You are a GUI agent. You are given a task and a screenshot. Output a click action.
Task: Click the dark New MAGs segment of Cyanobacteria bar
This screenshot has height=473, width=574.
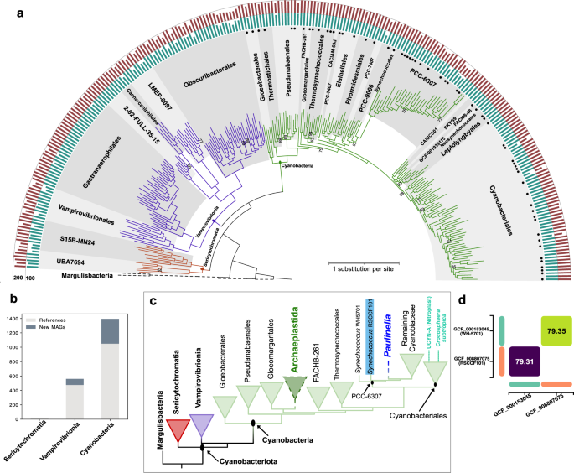point(109,330)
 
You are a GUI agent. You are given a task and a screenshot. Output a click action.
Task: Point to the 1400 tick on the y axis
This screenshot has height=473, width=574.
point(18,319)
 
